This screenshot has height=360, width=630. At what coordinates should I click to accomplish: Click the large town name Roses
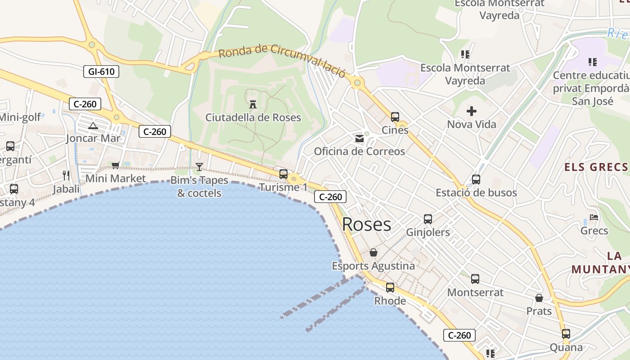point(366,225)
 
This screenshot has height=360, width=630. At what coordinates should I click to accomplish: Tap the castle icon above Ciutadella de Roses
point(253,104)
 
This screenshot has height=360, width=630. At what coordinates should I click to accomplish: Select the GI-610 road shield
point(101,71)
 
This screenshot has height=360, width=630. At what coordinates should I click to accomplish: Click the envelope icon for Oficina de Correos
point(359,138)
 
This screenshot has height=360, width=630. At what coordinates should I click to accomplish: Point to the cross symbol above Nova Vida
point(471,111)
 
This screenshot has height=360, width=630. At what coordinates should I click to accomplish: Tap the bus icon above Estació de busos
point(476,180)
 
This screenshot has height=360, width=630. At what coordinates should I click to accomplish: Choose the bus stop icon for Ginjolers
point(428,219)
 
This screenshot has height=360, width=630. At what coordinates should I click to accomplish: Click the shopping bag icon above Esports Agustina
point(373,252)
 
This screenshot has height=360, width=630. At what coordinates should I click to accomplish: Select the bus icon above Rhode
point(390,287)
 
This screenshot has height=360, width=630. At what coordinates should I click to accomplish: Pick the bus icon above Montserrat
point(475,279)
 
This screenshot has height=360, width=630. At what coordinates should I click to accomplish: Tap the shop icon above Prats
point(539,298)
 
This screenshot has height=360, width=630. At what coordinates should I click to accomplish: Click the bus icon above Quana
point(566,334)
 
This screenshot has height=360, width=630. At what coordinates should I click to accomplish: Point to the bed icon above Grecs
point(594,217)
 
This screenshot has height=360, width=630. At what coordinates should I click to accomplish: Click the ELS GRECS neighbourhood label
point(596,167)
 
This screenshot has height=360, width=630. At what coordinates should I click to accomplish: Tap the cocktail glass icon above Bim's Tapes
point(199,167)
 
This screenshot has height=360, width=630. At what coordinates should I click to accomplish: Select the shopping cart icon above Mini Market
point(116,165)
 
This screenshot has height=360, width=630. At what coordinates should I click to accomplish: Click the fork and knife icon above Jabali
point(66,175)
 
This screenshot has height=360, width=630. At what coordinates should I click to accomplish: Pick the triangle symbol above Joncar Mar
point(93,126)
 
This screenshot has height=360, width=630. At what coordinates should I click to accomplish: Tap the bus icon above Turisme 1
point(283,174)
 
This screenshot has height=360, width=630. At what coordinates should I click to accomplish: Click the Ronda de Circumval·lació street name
point(282,60)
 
